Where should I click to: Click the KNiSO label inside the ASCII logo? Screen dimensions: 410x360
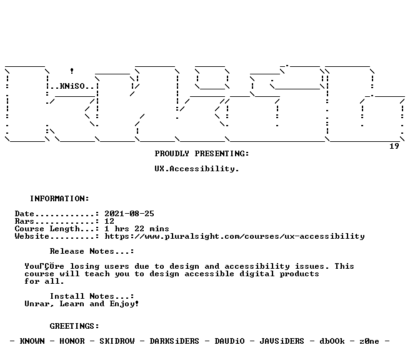(x=72, y=86)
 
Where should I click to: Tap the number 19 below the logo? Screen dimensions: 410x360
(x=394, y=146)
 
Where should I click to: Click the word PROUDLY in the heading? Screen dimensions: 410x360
(x=172, y=154)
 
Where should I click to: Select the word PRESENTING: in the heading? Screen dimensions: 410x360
(x=222, y=154)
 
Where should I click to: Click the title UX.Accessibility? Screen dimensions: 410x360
(x=197, y=169)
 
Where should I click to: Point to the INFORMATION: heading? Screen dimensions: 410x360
(x=59, y=198)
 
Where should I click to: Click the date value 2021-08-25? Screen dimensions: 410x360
(x=129, y=214)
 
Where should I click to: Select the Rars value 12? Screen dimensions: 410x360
(x=109, y=221)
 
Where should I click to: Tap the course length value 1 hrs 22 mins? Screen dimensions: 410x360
(x=137, y=229)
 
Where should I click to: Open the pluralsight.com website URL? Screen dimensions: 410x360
(x=234, y=236)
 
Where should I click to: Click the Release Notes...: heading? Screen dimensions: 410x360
(x=92, y=251)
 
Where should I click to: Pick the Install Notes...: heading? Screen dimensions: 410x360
(x=92, y=296)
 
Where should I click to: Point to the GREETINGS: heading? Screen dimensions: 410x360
(x=74, y=326)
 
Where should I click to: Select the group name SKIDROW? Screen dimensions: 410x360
(x=117, y=341)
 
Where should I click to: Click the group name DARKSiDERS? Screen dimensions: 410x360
(x=174, y=341)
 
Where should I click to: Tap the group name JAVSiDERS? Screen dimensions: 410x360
(x=282, y=341)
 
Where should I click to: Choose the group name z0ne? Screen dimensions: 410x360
(x=369, y=341)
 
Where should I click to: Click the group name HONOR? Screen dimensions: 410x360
(x=72, y=341)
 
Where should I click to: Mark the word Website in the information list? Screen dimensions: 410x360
(x=32, y=236)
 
